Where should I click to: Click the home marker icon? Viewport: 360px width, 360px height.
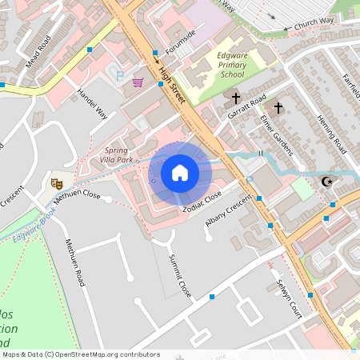pos(180,173)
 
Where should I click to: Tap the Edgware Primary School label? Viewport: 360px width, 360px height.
pos(221,65)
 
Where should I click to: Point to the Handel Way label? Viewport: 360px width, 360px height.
pos(92,102)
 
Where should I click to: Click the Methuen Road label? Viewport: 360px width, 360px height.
pos(75,263)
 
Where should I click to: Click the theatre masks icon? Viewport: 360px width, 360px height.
pos(57,183)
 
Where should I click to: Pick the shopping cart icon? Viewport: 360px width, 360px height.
pos(138,82)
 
